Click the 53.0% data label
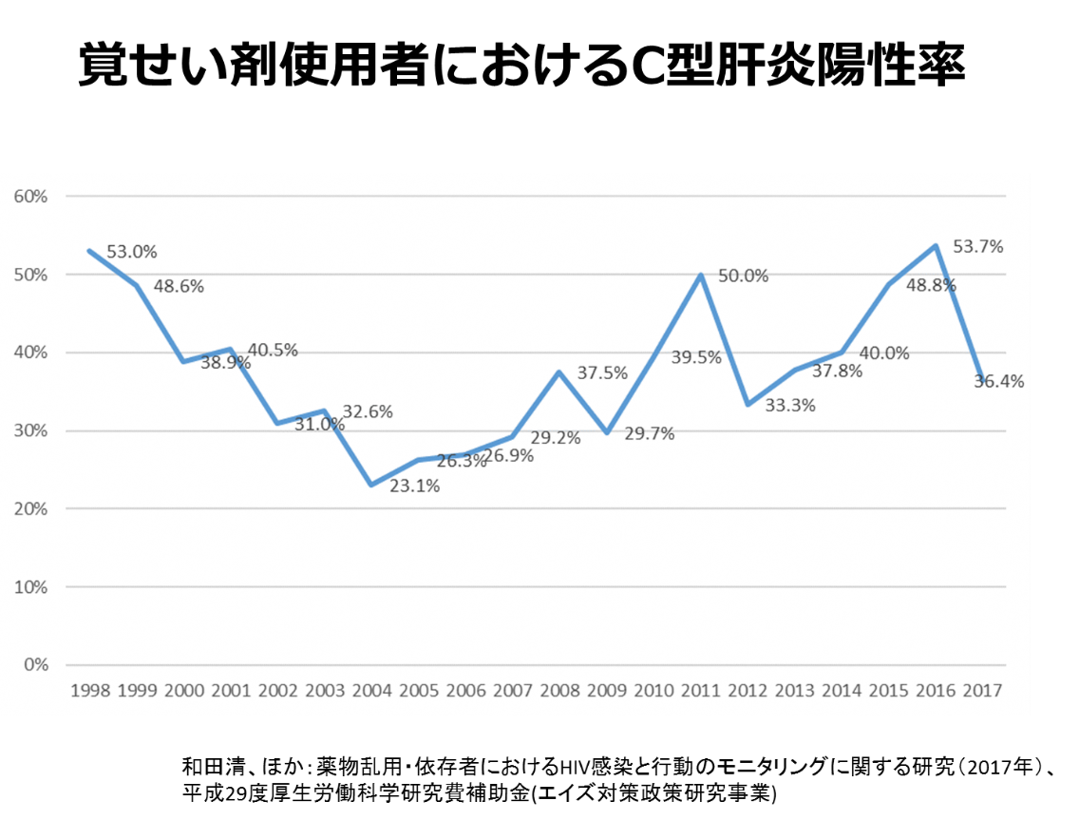132,252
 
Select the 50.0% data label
744,276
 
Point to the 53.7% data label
978,246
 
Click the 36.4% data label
999,381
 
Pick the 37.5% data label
602,373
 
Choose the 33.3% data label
790,405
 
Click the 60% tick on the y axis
30,197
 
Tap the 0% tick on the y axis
36,665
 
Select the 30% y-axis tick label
30,430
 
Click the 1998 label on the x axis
89,691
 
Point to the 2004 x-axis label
370,691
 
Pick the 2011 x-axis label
699,691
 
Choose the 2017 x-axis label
981,691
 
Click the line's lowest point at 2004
370,485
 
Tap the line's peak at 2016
936,245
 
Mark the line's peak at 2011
701,275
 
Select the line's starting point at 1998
89,251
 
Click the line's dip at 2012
748,405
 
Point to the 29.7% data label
650,433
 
